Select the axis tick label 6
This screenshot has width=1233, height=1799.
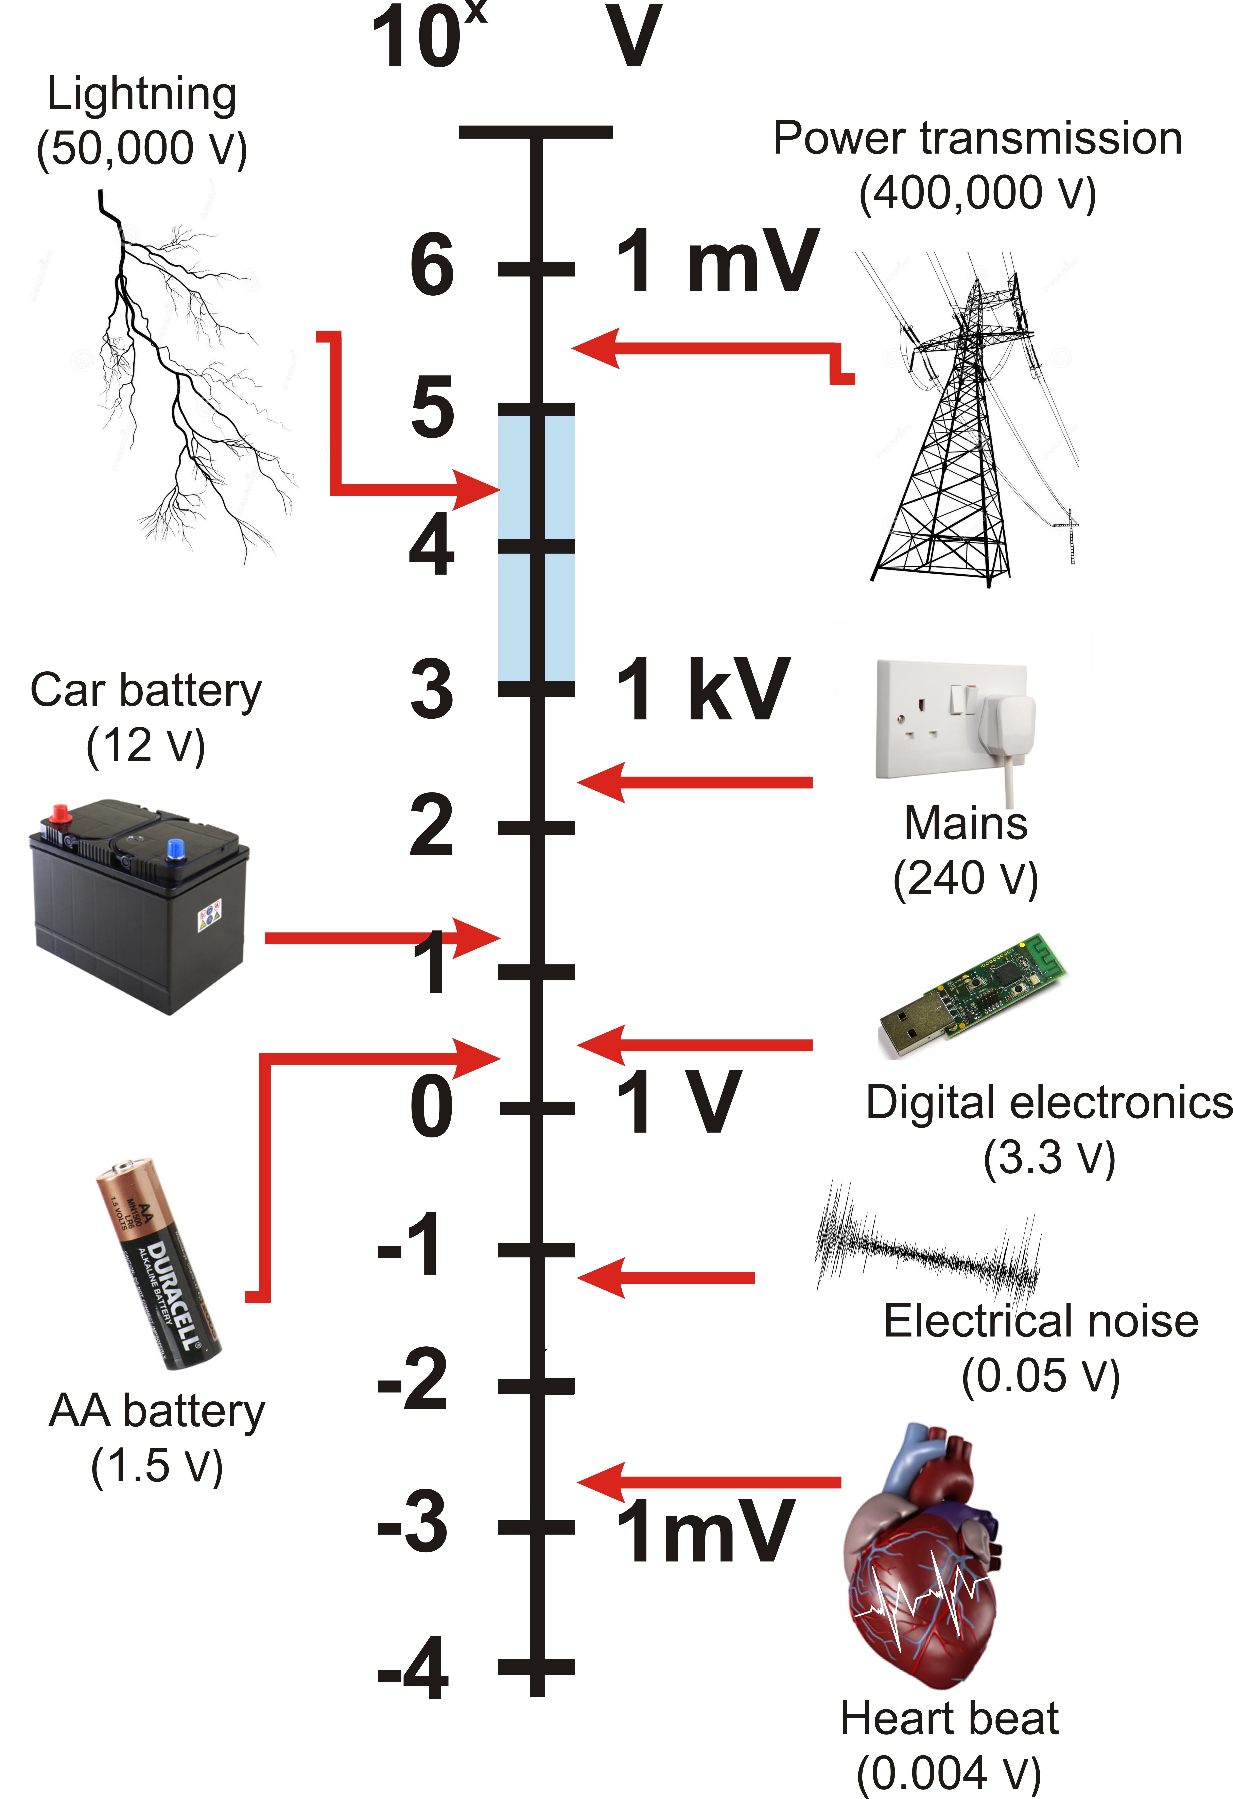point(432,265)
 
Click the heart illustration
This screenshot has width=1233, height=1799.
point(921,1556)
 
